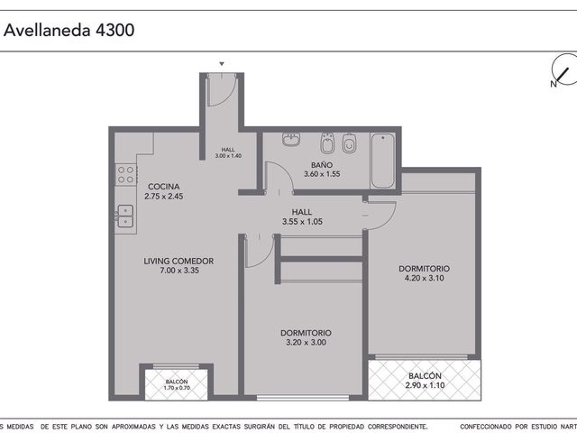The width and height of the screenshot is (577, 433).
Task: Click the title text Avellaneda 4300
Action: (x=69, y=30)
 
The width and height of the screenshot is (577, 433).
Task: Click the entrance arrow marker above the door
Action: (x=222, y=64)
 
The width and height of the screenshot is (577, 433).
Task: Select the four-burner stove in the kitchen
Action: (x=126, y=174)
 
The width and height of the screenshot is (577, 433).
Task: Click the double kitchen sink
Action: (x=125, y=216)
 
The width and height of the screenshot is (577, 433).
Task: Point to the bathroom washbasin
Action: (x=291, y=139)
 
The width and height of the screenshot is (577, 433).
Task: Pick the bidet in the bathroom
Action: (x=327, y=143)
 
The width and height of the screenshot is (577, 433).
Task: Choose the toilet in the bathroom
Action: (x=349, y=143)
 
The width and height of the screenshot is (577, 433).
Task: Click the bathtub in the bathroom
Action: (x=382, y=161)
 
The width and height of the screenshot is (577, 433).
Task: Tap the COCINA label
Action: (x=164, y=187)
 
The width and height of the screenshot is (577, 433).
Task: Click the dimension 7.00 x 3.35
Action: (x=179, y=271)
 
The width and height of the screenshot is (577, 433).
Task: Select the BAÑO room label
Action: (x=322, y=165)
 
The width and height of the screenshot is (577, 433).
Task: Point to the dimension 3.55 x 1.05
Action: (x=302, y=222)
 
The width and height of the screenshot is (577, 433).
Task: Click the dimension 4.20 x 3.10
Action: (x=425, y=278)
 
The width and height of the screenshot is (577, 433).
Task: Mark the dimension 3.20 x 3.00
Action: (x=307, y=343)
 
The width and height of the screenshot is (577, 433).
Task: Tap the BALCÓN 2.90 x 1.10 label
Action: (x=425, y=381)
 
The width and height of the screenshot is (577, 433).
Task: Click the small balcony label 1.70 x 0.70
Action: (x=177, y=388)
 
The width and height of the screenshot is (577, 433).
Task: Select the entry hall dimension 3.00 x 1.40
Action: (x=228, y=156)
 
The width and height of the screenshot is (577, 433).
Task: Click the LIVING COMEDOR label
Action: (x=179, y=261)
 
